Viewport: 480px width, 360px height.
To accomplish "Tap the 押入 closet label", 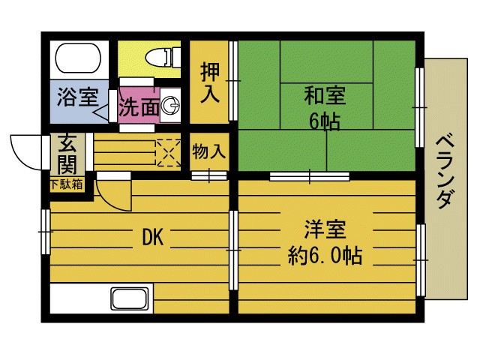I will click(x=208, y=83).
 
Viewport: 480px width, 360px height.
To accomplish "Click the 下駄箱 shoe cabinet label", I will click(x=67, y=184).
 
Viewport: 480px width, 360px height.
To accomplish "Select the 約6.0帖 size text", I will click(x=325, y=256).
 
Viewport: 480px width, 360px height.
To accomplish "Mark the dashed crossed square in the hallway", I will click(x=168, y=153).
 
